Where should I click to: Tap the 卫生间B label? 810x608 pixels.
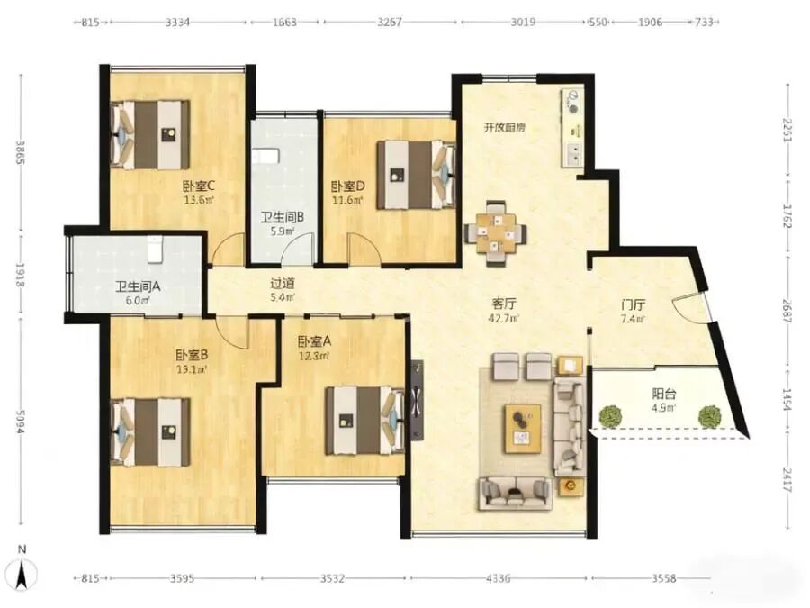coord(282,218)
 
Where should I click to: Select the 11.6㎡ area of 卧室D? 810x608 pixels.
coord(347,200)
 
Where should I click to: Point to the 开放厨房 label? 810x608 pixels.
coord(504,127)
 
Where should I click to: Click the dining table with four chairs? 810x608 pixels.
coord(495,234)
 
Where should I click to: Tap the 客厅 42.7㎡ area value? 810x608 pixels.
coord(504,319)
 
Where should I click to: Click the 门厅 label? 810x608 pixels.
coord(634,305)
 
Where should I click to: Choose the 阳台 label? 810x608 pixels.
coord(664,394)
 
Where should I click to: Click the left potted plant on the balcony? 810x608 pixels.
coord(610,416)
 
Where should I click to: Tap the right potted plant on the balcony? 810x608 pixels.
coord(709,416)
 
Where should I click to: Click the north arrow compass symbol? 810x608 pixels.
coord(22,573)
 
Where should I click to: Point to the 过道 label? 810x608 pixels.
coord(283,284)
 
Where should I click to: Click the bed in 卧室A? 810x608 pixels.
coord(364,421)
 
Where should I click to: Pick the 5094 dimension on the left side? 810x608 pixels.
coord(20,422)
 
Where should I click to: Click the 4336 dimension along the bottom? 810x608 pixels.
coord(499,578)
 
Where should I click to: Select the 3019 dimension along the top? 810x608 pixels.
coord(524,23)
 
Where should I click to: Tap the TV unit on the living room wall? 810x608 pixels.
coord(417,400)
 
